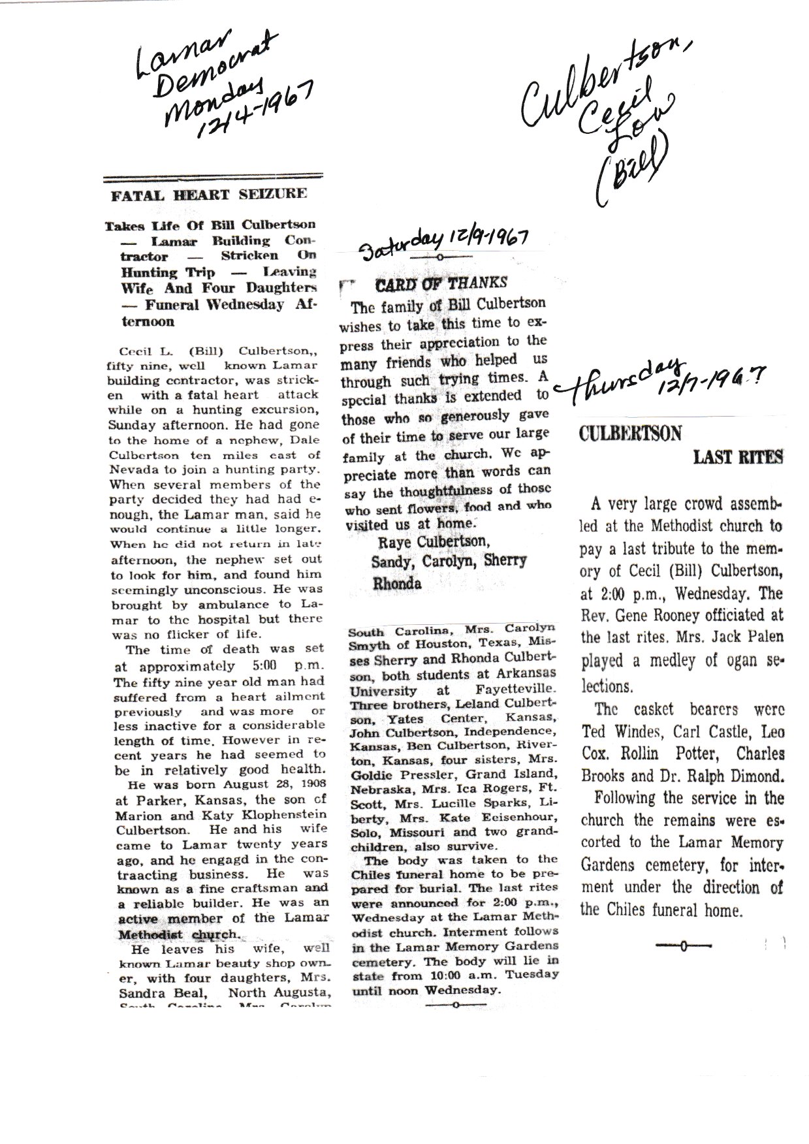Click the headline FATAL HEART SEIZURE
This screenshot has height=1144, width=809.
click(208, 194)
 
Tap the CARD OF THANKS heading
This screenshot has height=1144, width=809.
click(441, 283)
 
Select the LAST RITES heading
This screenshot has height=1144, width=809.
click(737, 458)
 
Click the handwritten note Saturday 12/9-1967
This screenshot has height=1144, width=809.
click(447, 242)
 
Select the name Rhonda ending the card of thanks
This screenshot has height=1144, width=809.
click(396, 584)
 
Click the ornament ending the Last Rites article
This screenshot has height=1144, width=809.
click(683, 945)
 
